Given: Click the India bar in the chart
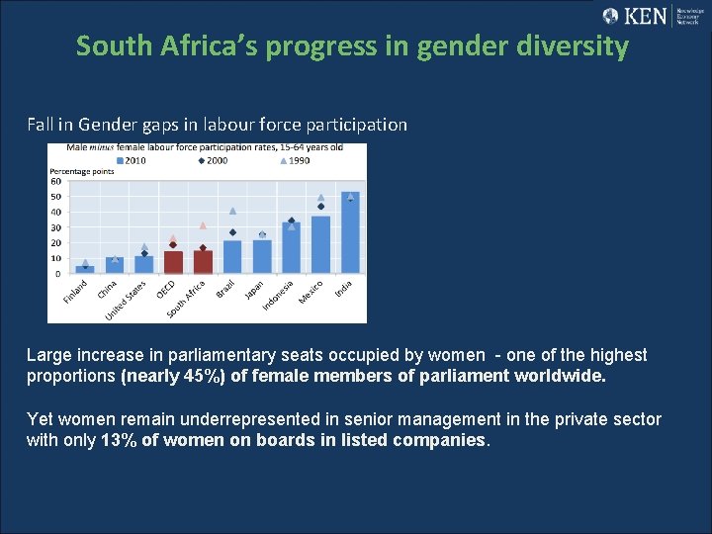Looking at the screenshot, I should tap(350, 233).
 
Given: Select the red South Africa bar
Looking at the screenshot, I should tap(203, 261).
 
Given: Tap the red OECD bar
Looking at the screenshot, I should tap(173, 262).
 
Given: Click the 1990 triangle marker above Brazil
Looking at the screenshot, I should tap(232, 211).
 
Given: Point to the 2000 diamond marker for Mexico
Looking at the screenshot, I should tap(320, 207).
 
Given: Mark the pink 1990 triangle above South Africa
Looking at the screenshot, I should tap(203, 225).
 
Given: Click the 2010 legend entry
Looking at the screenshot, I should tap(132, 160).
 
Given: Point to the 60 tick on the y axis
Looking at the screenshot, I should tap(55, 180).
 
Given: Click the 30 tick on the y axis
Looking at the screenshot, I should tap(55, 227).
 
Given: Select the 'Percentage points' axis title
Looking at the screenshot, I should tap(82, 171).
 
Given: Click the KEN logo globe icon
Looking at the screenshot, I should tap(610, 16).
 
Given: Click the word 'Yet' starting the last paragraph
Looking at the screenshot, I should tap(41, 419).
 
